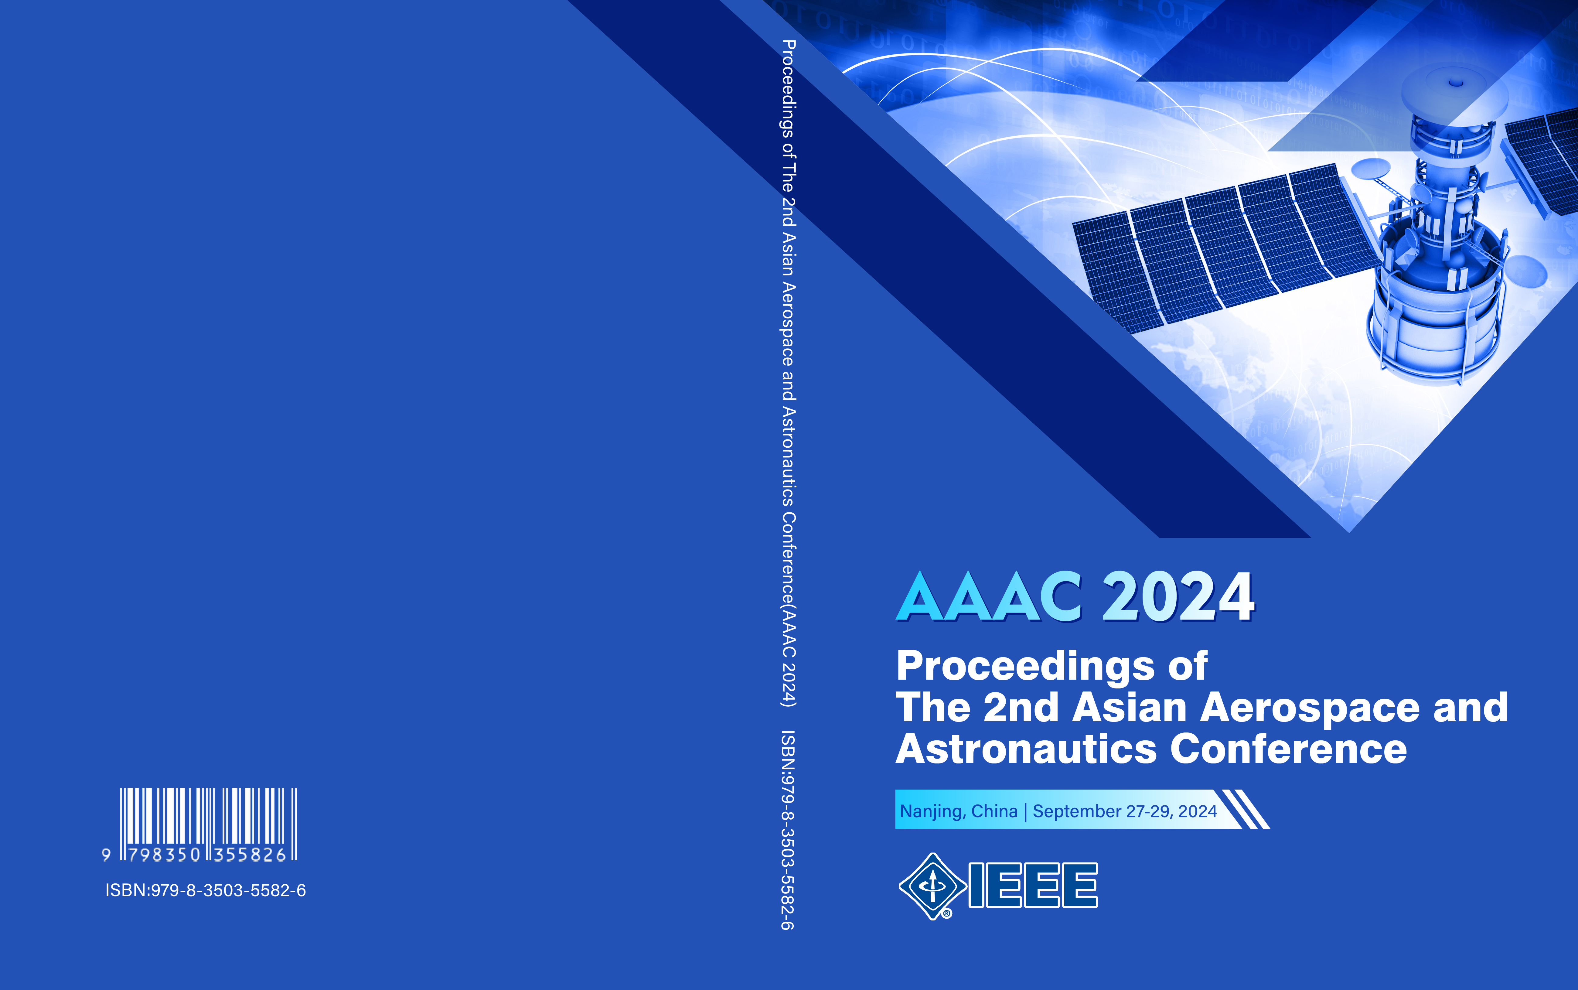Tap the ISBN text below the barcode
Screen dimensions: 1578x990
206,890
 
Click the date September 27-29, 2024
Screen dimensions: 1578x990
1124,811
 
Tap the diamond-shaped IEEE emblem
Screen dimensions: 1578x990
933,886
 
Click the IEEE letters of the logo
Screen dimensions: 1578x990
1033,885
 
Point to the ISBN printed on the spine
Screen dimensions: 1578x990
789,830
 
